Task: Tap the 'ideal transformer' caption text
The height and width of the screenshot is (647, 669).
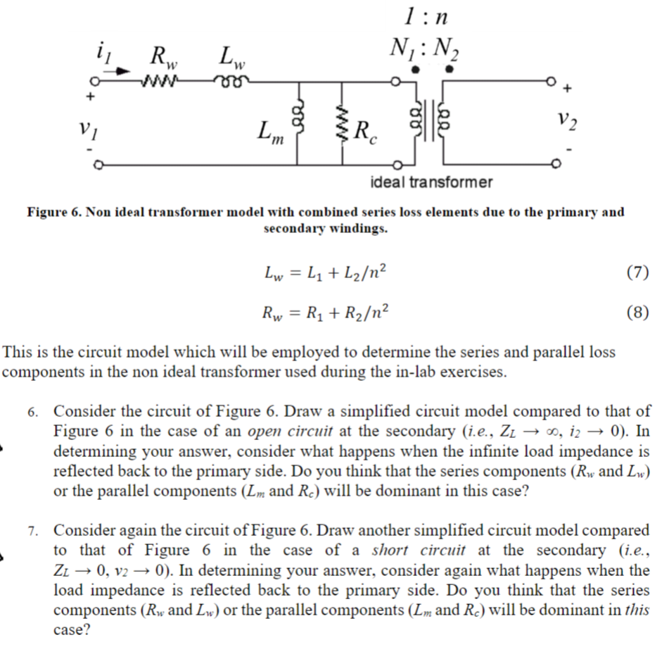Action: (431, 182)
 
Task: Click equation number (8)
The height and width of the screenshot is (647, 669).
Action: (636, 313)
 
